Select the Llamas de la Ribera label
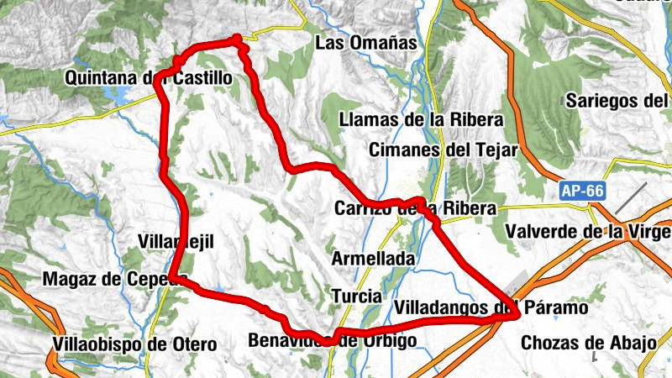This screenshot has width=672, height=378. (x=421, y=120)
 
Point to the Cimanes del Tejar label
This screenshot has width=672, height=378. (x=444, y=150)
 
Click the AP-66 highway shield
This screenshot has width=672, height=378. (x=582, y=192)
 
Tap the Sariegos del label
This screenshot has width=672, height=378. (x=617, y=101)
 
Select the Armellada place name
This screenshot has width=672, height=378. (x=373, y=259)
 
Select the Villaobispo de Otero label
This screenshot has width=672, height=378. (x=134, y=344)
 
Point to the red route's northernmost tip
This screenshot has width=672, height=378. (x=238, y=38)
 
